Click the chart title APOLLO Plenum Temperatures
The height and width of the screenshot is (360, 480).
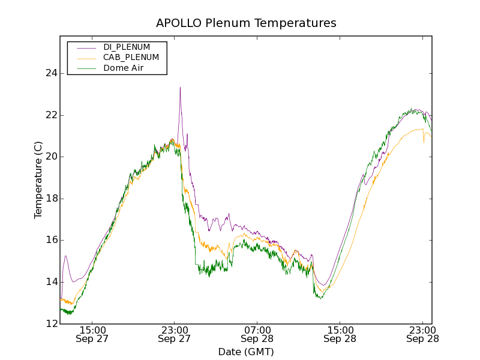(246, 23)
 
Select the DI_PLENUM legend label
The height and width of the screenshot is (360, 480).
(127, 47)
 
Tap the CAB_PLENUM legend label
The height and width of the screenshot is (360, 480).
(131, 58)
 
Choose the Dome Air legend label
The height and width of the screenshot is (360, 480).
(124, 68)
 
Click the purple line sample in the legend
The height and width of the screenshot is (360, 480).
(85, 47)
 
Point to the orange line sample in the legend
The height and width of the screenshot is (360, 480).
(85, 58)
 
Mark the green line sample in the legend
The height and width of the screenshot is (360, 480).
(85, 69)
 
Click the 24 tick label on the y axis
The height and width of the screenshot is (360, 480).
(50, 73)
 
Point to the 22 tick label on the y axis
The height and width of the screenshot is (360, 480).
(50, 115)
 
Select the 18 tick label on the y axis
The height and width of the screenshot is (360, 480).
(50, 199)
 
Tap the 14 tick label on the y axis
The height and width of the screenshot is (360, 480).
(50, 282)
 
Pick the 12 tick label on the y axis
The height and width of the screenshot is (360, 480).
(50, 324)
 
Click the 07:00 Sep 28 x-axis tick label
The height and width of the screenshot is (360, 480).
(257, 334)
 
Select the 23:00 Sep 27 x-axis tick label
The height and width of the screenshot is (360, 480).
(174, 334)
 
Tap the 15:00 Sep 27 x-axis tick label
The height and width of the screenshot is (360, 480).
(92, 334)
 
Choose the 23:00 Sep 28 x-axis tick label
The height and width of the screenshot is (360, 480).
(422, 334)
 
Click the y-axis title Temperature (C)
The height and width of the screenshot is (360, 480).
(38, 180)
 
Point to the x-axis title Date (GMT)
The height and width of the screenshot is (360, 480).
(246, 352)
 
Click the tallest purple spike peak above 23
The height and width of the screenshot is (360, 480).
(180, 88)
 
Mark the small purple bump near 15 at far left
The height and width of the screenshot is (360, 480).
(65, 256)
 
